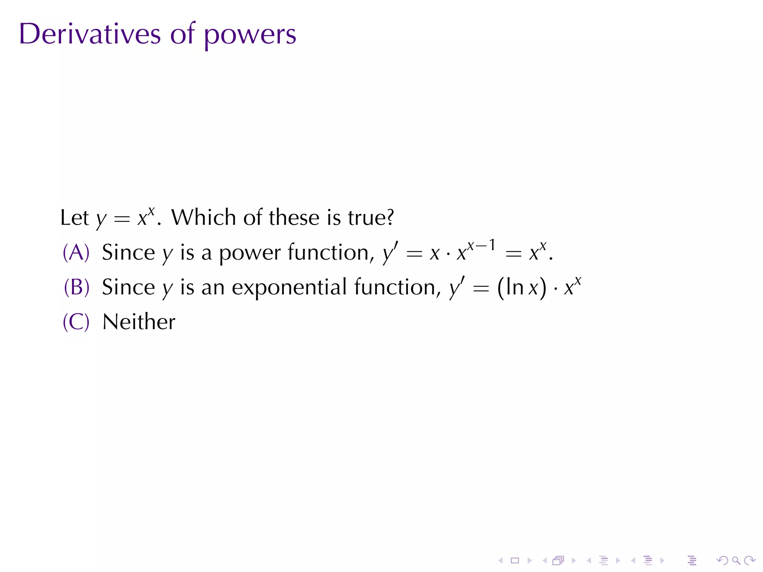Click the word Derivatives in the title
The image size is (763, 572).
[x=90, y=34]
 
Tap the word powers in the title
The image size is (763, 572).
[x=250, y=36]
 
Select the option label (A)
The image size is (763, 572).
[x=76, y=252]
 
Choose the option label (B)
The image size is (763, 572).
[x=76, y=287]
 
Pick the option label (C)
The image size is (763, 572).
[x=76, y=322]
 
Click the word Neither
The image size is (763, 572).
[x=139, y=322]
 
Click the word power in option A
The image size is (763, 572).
[x=250, y=253]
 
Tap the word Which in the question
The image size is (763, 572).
[x=203, y=217]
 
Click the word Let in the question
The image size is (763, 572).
[x=75, y=217]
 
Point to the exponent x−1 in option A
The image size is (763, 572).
[x=481, y=245]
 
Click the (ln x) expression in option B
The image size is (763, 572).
[x=522, y=287]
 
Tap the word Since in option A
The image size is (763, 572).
[x=128, y=252]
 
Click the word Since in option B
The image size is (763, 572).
[x=128, y=287]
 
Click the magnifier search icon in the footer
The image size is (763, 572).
[x=736, y=560]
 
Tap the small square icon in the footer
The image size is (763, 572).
[x=515, y=560]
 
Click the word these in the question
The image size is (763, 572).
[x=294, y=217]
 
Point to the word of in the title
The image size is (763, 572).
[x=183, y=34]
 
